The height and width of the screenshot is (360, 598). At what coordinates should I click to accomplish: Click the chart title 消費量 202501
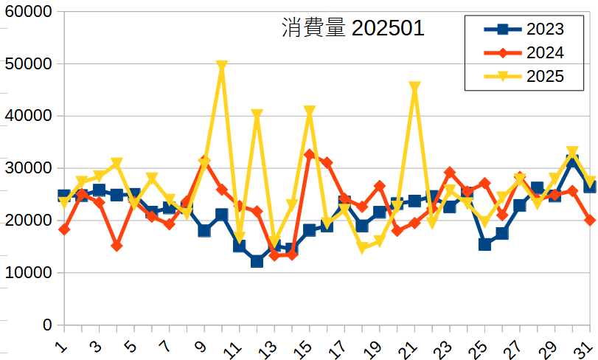click(x=353, y=28)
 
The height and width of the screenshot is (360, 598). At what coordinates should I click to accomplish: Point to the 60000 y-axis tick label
click(x=28, y=13)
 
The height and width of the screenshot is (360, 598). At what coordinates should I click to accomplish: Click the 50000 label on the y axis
click(x=28, y=64)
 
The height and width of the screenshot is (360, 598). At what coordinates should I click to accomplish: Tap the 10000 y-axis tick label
click(x=28, y=273)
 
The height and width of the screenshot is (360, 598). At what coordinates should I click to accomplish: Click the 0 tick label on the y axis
click(x=48, y=325)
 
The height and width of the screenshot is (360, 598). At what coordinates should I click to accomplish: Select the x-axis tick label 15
click(x=307, y=346)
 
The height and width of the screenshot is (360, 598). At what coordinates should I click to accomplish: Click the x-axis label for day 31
click(x=588, y=346)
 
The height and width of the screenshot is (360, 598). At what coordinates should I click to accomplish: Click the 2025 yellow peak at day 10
click(x=222, y=66)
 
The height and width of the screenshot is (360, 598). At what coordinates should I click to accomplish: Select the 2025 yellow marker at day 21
click(x=414, y=87)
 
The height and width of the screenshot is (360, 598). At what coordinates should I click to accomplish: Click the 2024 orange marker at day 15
click(x=310, y=155)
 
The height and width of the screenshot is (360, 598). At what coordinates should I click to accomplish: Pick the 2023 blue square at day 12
click(x=257, y=261)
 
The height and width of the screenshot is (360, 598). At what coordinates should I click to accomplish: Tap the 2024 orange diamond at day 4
click(x=117, y=246)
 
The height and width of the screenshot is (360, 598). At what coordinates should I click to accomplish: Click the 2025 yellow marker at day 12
click(x=257, y=115)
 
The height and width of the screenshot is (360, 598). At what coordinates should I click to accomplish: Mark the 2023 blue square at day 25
click(x=484, y=244)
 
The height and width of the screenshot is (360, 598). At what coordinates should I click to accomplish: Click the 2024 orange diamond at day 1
click(x=64, y=229)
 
